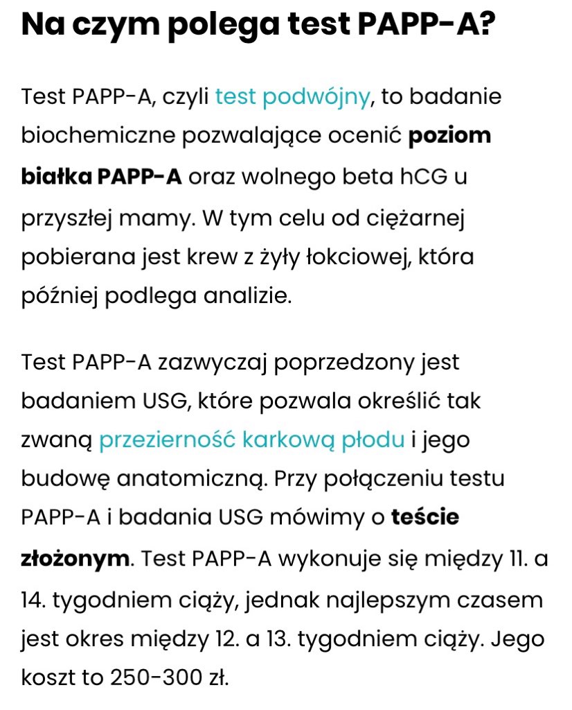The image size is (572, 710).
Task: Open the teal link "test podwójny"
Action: [292, 96]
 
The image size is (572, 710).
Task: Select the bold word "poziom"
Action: [449, 135]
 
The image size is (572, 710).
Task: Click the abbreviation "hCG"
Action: [422, 177]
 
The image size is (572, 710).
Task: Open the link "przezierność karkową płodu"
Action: [251, 440]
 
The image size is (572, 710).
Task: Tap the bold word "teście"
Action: [424, 518]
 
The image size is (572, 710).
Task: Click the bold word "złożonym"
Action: [75, 559]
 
